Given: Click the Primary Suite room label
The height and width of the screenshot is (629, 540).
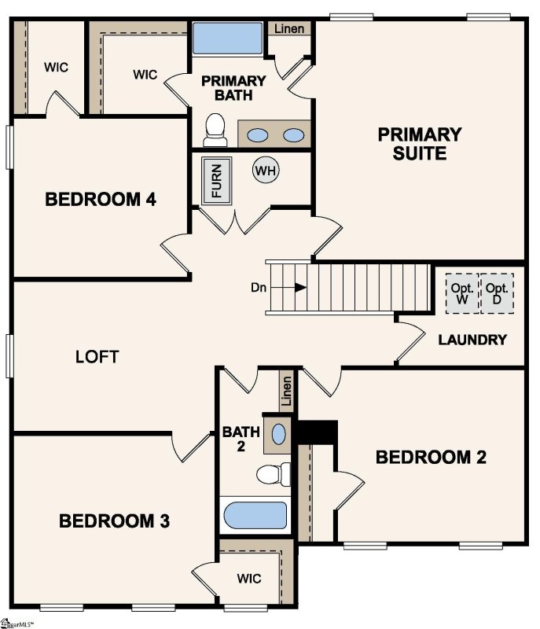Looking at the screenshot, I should coord(419,143).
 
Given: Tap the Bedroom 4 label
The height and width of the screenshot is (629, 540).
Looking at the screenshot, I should coord(101,199).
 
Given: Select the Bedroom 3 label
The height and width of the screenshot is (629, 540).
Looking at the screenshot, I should coord(115,520).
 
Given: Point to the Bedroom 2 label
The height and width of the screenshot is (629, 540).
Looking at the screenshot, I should coord(431,457).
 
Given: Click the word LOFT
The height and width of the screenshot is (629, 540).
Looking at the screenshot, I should coord(97,357).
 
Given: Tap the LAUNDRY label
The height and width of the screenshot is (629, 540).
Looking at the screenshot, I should coord(472,340).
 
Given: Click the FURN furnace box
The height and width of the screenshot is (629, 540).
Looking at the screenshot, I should coord(217,181).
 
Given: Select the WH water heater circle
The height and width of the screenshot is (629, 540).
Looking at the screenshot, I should coord(266,170).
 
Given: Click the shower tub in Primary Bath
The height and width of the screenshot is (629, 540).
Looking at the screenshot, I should coord(227,38).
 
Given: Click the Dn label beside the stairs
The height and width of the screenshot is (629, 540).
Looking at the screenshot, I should coord(259,288).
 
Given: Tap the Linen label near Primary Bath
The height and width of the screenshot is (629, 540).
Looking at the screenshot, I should coord(291,29).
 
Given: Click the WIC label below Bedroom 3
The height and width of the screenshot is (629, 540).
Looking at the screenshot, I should coord(250,579).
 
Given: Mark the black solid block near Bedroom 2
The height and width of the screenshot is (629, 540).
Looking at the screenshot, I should coord(317,432).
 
